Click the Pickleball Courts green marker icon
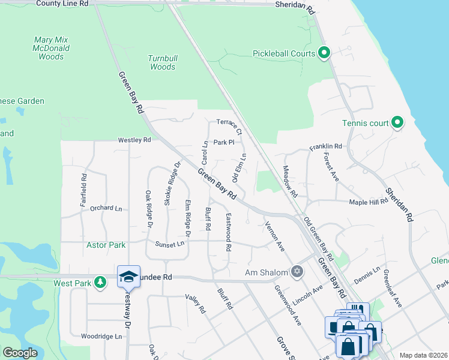(324, 54)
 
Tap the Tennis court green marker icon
(397, 123)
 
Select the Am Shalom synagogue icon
(297, 272)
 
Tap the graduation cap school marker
(128, 277)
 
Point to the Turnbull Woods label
(162, 62)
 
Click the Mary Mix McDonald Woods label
(51, 48)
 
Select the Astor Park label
(106, 245)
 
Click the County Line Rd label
(62, 4)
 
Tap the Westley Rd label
(134, 140)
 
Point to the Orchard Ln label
(106, 208)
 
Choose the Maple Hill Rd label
(368, 202)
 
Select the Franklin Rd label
(325, 146)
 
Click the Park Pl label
(223, 143)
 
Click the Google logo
(20, 353)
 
